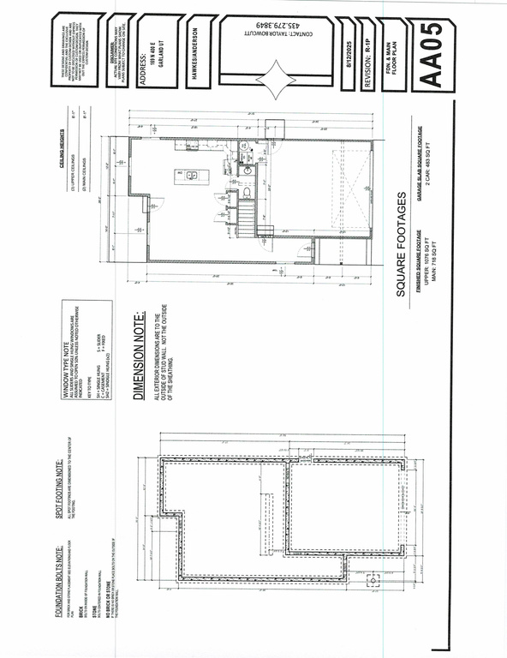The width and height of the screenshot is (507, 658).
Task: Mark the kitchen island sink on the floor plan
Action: click(x=190, y=176)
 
